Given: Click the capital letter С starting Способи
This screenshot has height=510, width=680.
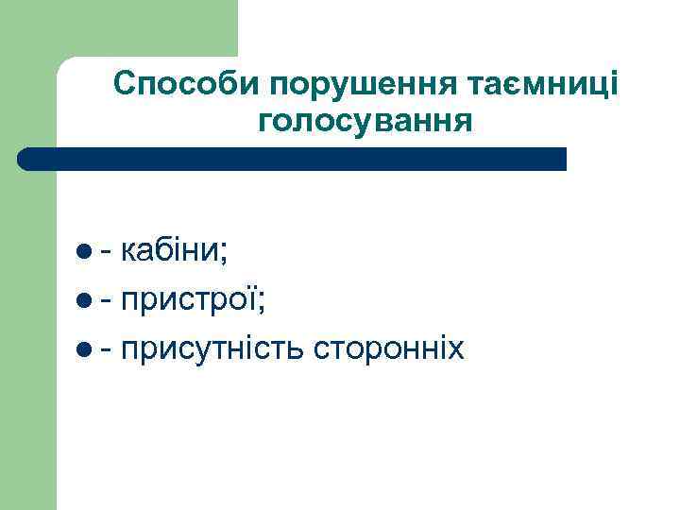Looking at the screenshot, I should (x=125, y=86).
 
